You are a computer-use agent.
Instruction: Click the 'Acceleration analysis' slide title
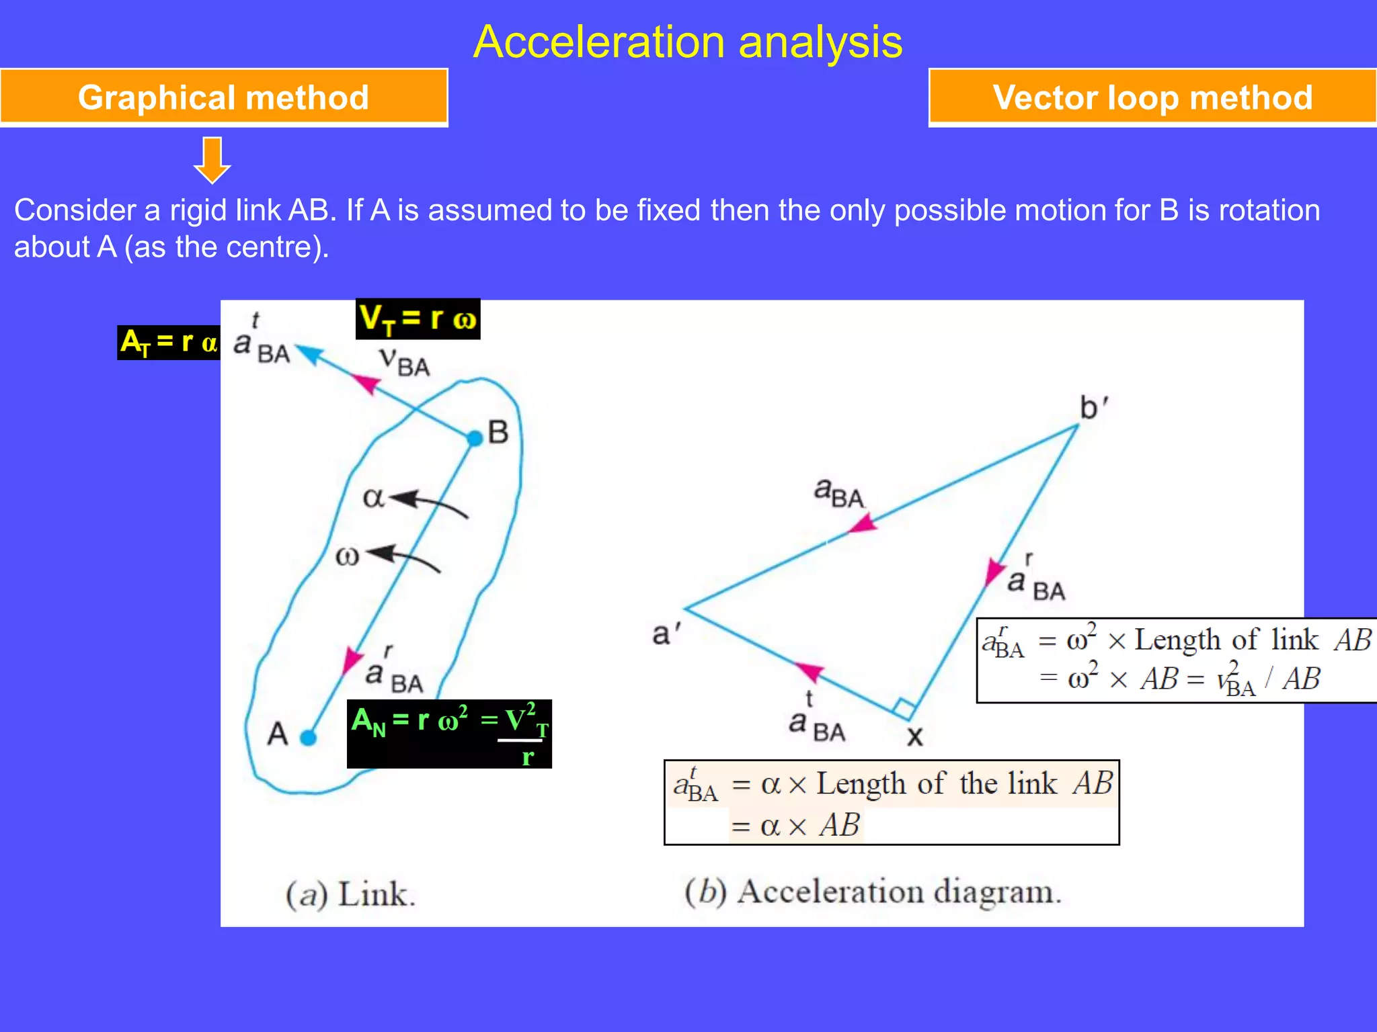coord(688,42)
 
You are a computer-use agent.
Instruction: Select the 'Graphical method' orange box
coord(223,97)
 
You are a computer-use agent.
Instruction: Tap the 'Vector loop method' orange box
coord(1152,97)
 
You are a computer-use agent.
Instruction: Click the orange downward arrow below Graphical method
coord(212,160)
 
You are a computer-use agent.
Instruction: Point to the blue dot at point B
coord(475,439)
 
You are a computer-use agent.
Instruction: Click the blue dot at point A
coord(308,738)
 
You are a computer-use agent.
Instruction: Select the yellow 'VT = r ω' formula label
coord(418,318)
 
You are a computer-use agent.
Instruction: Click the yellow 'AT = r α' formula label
coord(169,343)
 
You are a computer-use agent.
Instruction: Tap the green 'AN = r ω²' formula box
coord(449,734)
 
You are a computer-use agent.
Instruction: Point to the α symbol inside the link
coord(373,498)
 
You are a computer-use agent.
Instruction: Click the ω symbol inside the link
coord(347,556)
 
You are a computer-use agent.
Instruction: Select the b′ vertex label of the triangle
coord(1093,408)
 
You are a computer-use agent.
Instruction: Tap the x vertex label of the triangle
coord(915,736)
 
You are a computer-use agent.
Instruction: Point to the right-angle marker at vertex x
coord(904,709)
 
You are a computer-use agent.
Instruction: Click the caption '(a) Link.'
coord(350,894)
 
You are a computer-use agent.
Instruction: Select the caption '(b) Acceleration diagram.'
coord(873,892)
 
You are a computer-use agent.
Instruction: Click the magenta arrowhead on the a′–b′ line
coord(863,523)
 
